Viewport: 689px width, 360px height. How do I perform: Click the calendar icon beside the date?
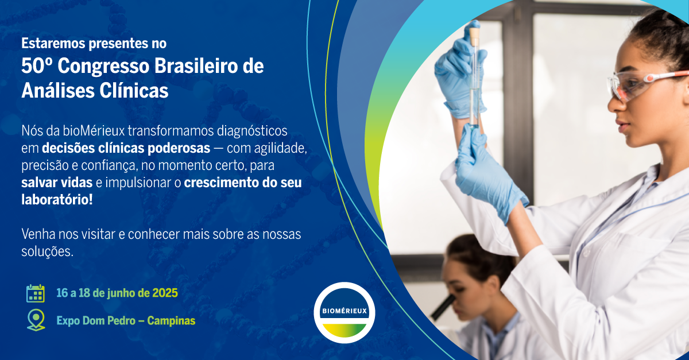pyautogui.click(x=36, y=293)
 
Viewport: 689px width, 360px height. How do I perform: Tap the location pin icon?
pyautogui.click(x=36, y=320)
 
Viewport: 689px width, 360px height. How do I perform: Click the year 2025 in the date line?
pyautogui.click(x=165, y=293)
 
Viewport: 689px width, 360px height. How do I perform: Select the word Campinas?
pyautogui.click(x=171, y=320)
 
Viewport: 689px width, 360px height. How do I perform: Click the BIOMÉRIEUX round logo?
pyautogui.click(x=344, y=312)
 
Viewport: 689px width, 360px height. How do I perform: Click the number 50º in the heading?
pyautogui.click(x=37, y=66)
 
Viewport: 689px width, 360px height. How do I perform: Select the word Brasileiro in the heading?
pyautogui.click(x=196, y=66)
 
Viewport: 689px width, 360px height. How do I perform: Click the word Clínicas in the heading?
pyautogui.click(x=134, y=91)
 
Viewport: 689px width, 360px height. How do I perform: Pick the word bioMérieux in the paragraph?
pyautogui.click(x=94, y=131)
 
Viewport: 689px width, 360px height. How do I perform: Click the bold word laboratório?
pyautogui.click(x=57, y=200)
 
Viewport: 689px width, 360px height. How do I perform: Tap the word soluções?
pyautogui.click(x=47, y=252)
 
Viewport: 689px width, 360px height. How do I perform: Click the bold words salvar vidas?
pyautogui.click(x=57, y=183)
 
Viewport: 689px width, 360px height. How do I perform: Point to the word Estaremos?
pyautogui.click(x=53, y=44)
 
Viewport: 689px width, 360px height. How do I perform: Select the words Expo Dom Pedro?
pyautogui.click(x=96, y=320)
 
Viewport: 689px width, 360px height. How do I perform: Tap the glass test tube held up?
pyautogui.click(x=475, y=77)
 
